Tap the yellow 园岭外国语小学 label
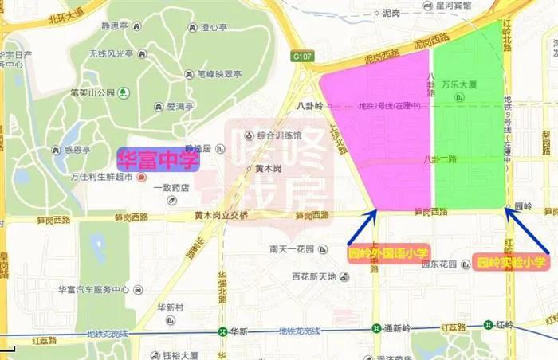click(x=388, y=253)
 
